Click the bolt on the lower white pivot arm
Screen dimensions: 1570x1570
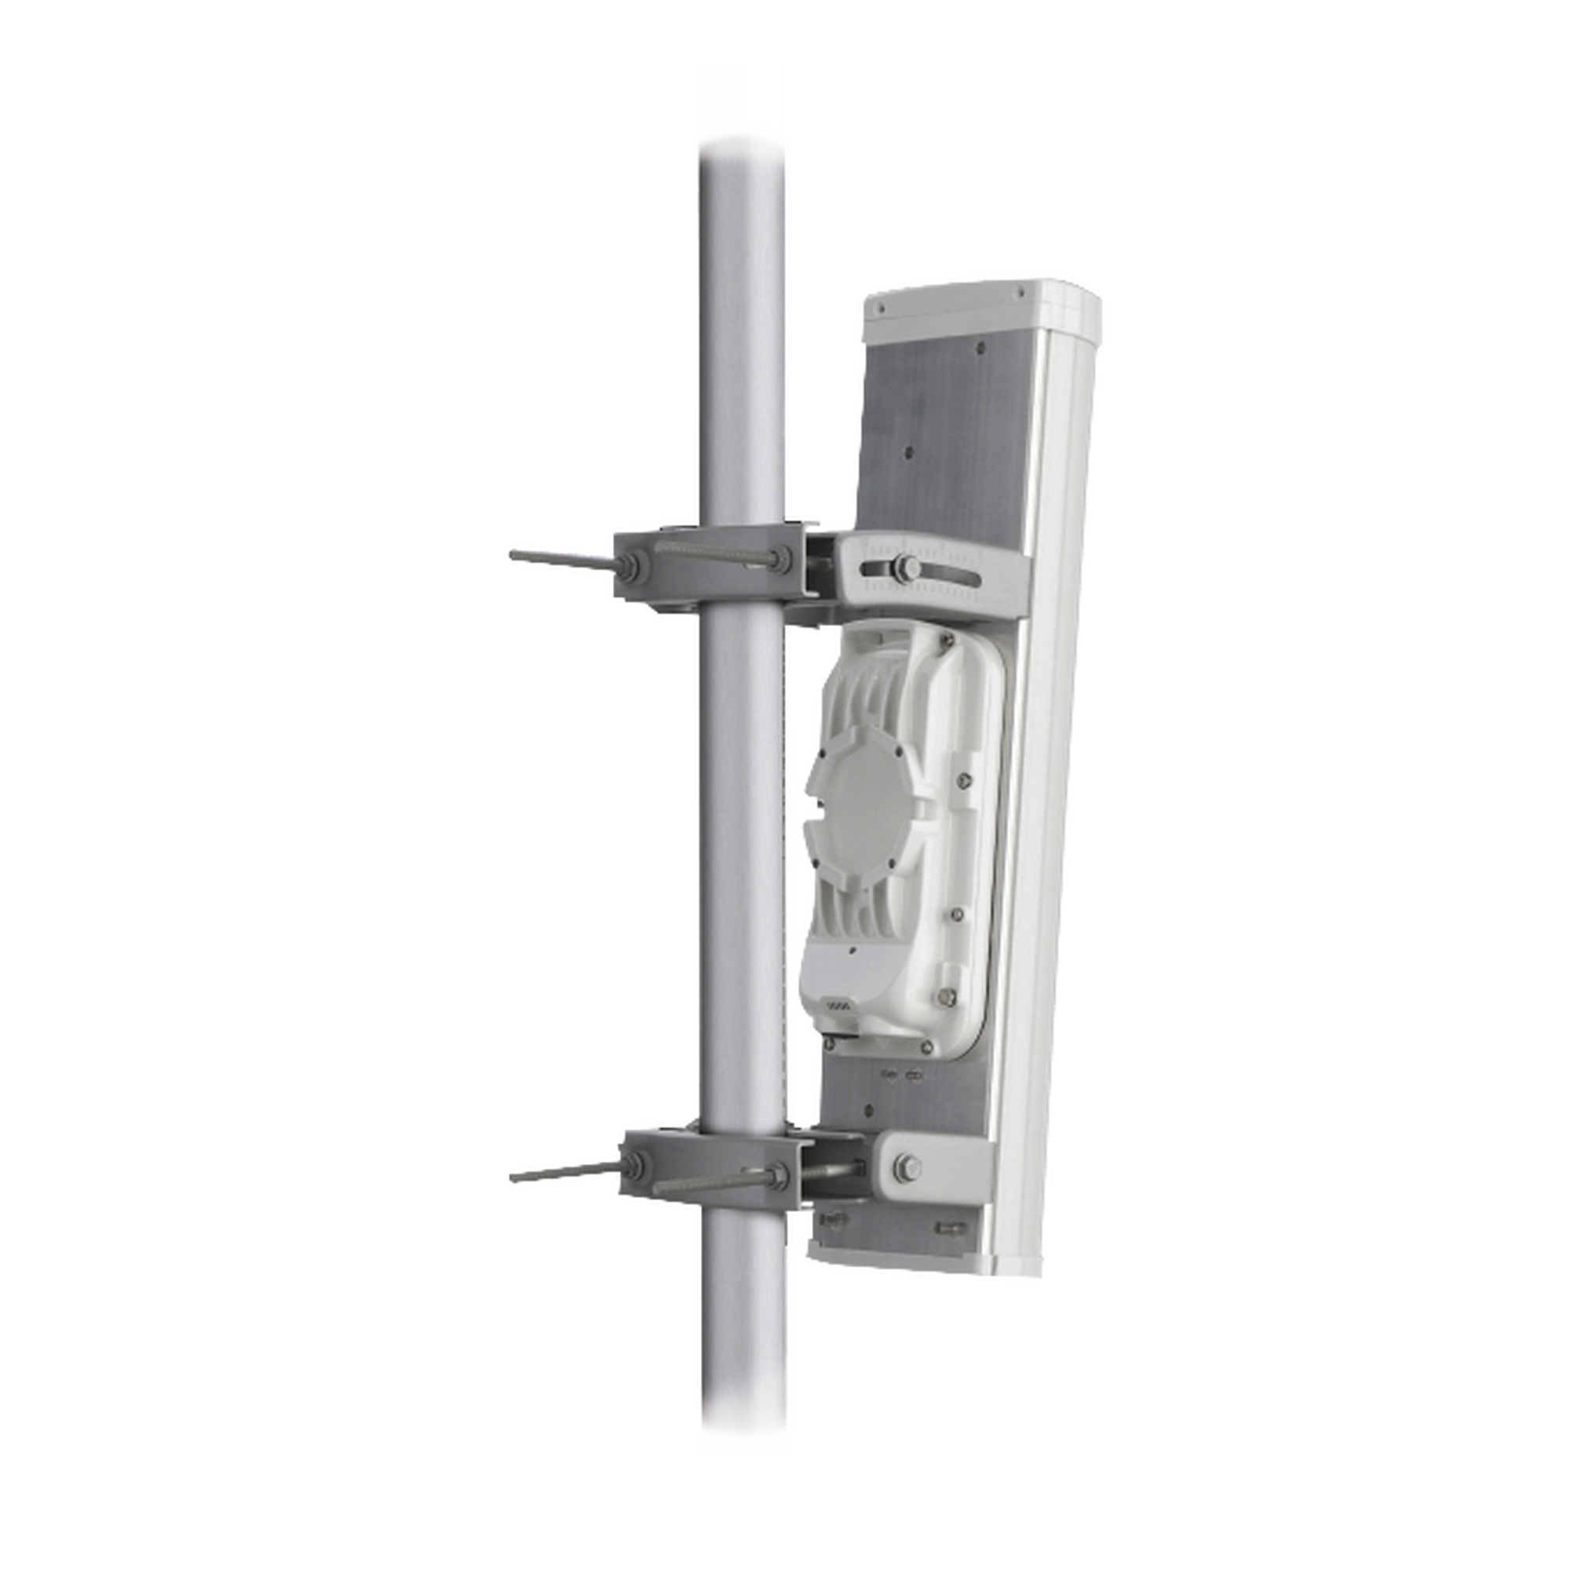point(904,1168)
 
